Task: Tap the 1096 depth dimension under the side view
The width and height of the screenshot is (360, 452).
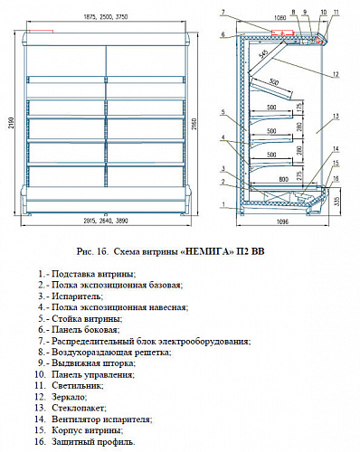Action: [x=283, y=221]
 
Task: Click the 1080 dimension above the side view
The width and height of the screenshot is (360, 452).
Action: [x=279, y=16]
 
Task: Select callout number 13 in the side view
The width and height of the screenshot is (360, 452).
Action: [x=335, y=118]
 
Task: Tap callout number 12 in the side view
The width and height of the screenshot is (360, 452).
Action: [x=335, y=72]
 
